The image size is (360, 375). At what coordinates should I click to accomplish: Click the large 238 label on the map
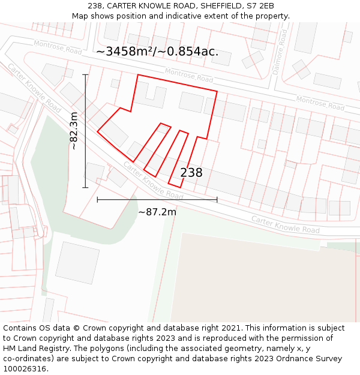click(191, 173)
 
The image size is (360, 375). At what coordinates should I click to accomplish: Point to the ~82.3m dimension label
click(74, 131)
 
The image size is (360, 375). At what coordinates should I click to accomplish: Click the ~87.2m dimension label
click(157, 212)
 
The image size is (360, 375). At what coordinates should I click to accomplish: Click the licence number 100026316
click(24, 369)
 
